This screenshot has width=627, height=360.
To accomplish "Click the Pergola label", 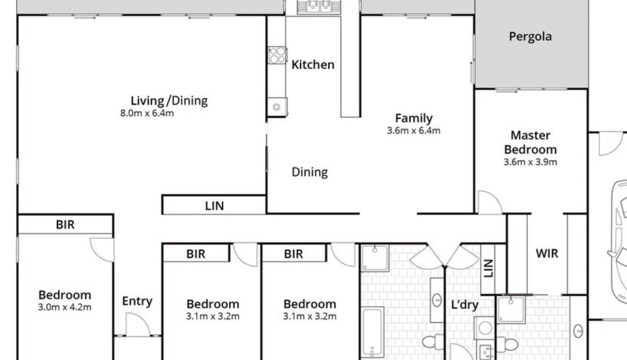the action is click(530, 36).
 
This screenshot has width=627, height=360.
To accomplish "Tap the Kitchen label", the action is click(313, 64).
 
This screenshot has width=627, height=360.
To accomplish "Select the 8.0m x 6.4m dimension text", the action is click(147, 113).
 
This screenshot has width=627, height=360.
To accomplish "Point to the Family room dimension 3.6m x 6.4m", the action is click(413, 130).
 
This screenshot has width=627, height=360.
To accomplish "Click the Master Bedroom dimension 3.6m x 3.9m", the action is click(530, 162).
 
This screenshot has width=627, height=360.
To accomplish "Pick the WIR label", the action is click(546, 253).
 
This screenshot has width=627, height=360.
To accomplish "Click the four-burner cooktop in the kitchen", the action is click(277, 55).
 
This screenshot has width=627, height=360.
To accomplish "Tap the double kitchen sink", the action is click(319, 6).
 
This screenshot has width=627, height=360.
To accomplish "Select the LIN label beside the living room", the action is click(214, 206).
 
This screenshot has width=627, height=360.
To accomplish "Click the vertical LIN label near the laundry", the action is click(488, 268).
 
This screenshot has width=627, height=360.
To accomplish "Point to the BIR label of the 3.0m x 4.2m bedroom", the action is click(65, 224).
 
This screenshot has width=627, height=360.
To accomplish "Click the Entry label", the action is click(137, 301).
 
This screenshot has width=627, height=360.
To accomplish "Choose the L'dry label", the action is click(464, 305).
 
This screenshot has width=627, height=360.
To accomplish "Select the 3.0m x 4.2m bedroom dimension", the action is click(64, 307).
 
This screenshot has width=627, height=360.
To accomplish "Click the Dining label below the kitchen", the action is click(309, 172).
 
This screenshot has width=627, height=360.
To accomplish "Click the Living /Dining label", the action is click(169, 101).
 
